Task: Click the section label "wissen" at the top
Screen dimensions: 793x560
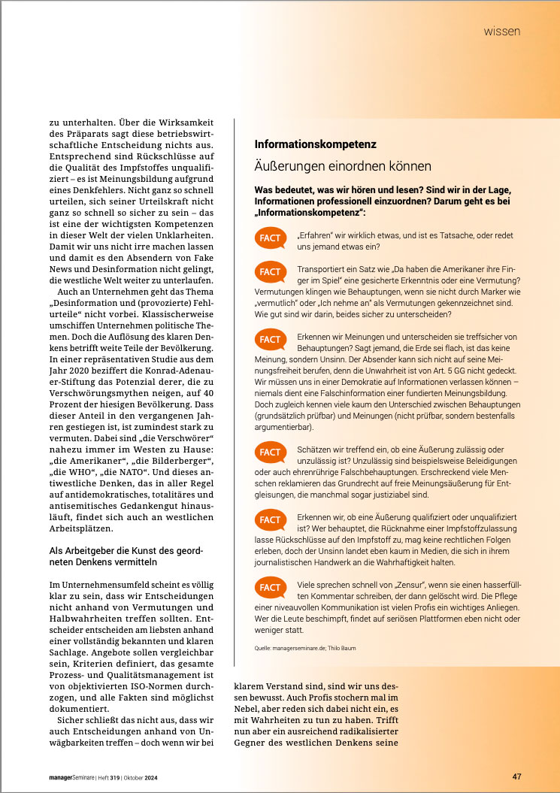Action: pyautogui.click(x=502, y=32)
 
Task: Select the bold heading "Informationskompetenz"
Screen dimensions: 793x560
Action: pyautogui.click(x=315, y=144)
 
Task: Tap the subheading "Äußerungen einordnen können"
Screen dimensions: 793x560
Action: pyautogui.click(x=343, y=166)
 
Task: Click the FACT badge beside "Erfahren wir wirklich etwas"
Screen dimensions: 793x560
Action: pyautogui.click(x=270, y=238)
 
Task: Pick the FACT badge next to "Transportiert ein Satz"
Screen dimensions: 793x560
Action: pyautogui.click(x=270, y=271)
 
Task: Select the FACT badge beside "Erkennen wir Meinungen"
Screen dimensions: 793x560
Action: pyautogui.click(x=270, y=339)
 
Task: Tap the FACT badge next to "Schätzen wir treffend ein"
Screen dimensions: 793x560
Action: pyautogui.click(x=270, y=452)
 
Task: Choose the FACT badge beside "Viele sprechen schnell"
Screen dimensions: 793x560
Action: pyautogui.click(x=270, y=587)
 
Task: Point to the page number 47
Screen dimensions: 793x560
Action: pyautogui.click(x=516, y=776)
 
